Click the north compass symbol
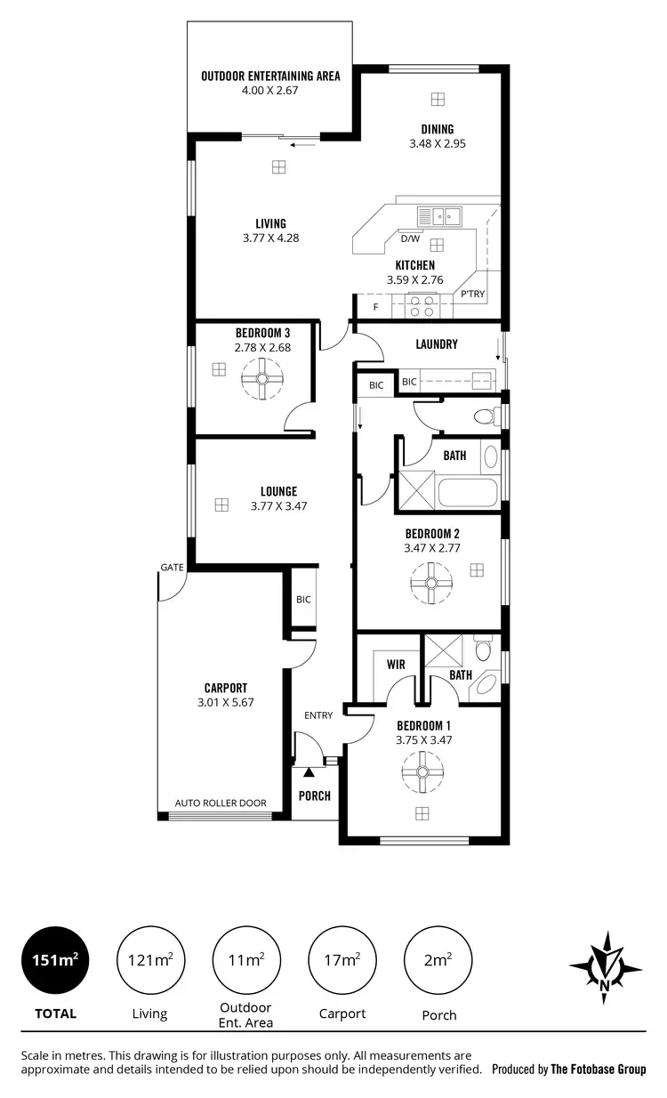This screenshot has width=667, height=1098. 605,962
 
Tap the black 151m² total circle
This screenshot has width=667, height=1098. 54,960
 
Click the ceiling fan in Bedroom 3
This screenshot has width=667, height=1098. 261,380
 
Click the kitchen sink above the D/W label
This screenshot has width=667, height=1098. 438,214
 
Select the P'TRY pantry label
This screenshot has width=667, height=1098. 471,295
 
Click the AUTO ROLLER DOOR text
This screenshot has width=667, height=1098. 221,803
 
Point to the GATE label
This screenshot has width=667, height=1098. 172,567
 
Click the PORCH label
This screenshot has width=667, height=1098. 314,795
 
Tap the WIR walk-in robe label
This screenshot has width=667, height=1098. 397,664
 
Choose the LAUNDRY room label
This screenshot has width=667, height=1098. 437,344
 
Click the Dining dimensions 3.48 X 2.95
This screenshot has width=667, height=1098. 437,143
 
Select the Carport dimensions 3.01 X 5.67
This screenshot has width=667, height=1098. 225,703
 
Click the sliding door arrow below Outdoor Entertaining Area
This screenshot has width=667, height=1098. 302,142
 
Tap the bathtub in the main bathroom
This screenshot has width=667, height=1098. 468,492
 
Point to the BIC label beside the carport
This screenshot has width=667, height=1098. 303,599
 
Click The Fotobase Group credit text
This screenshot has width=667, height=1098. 598,1070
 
